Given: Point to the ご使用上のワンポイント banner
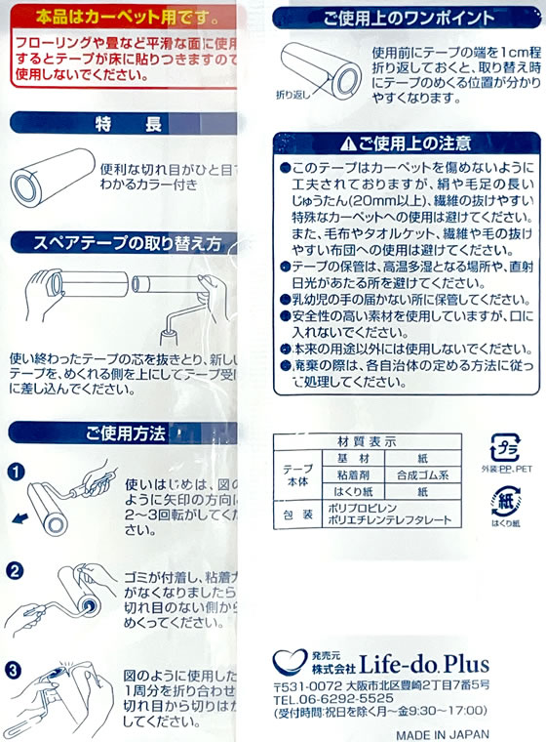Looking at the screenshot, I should pyautogui.click(x=408, y=17).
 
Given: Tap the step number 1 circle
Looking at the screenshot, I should pyautogui.click(x=15, y=472).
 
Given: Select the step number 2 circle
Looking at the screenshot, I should pyautogui.click(x=15, y=570).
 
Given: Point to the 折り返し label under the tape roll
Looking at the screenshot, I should pyautogui.click(x=293, y=95).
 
